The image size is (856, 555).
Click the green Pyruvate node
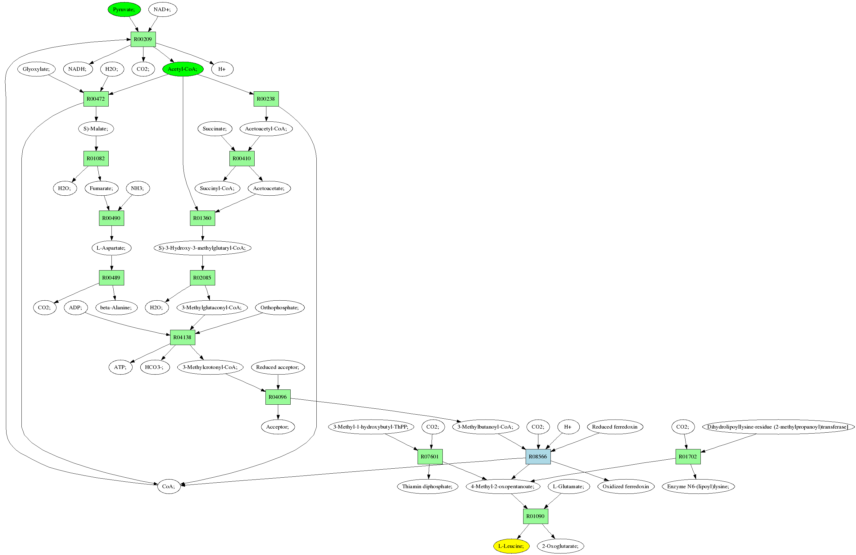pos(124,9)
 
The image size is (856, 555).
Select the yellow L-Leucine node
pos(511,546)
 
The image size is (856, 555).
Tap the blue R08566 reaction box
pos(538,457)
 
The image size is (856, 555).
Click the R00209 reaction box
pos(143,39)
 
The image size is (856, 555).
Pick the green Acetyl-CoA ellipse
pos(183,69)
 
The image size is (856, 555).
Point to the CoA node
pos(169,486)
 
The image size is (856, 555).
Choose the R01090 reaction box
pos(535,516)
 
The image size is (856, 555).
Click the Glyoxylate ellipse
pos(36,69)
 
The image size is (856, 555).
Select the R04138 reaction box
pos(182,337)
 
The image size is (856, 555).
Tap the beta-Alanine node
pos(116,307)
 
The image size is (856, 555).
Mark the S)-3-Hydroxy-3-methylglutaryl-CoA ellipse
pos(202,248)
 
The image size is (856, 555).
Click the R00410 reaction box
pos(242,158)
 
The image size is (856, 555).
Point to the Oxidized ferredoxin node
pos(625,486)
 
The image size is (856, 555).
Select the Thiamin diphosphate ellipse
pos(427,486)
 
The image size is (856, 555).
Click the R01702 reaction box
pos(688,457)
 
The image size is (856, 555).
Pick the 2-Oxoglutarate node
pos(560,546)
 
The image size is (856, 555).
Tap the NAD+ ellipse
pos(162,9)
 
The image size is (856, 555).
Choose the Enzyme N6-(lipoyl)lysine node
pos(698,486)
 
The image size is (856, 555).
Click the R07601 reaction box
pos(430,457)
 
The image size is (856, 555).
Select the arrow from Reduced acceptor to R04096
pos(278,382)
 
